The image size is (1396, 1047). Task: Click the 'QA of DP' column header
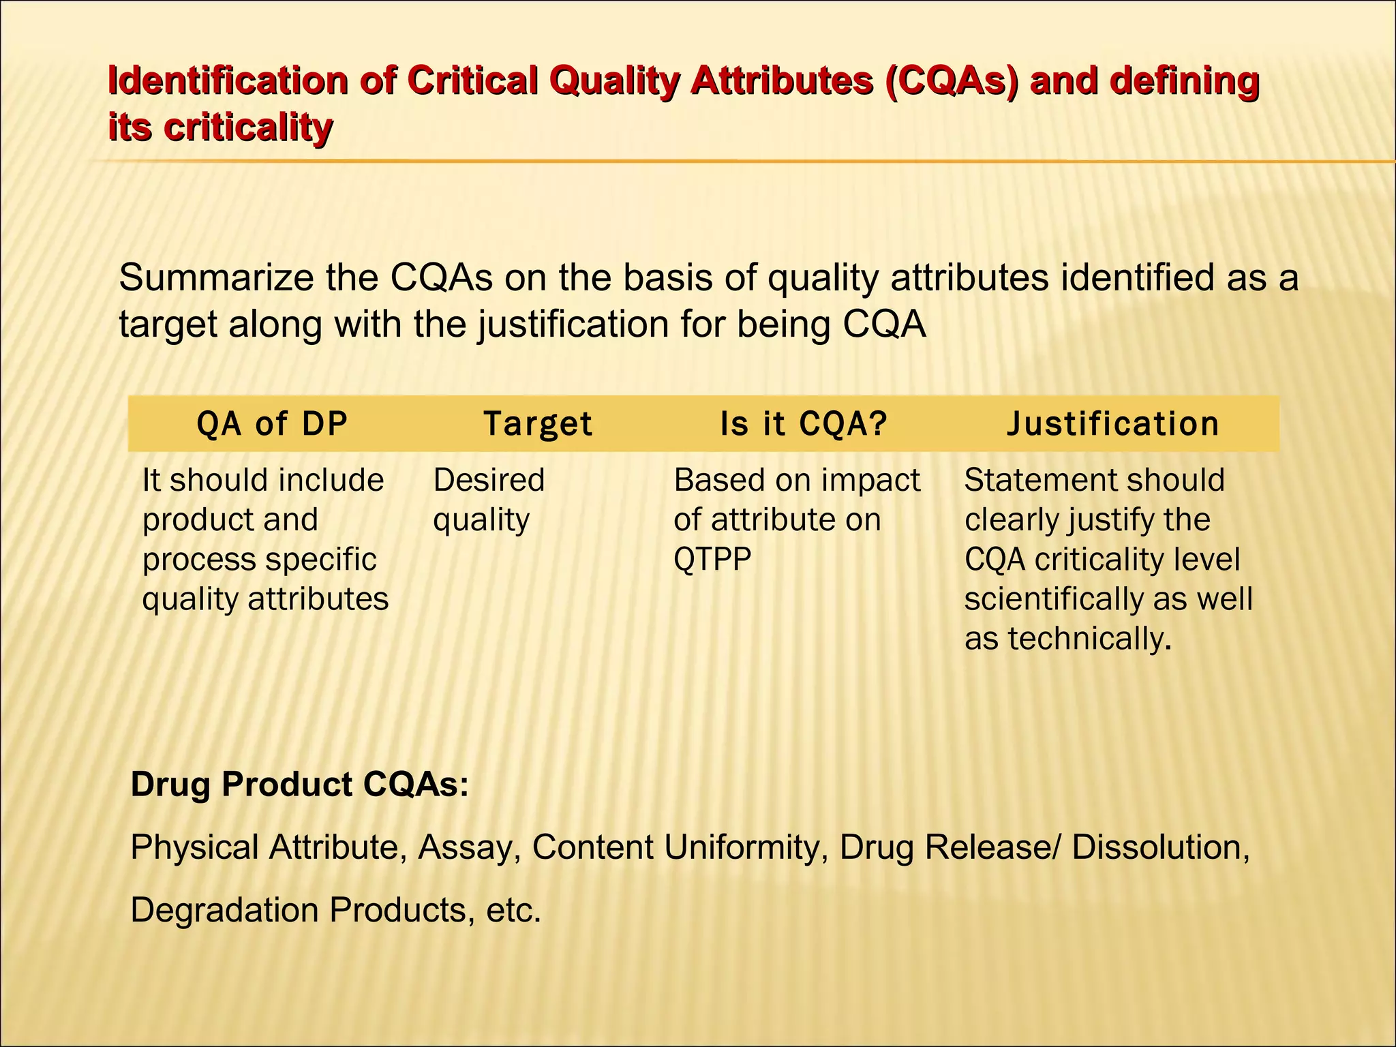[272, 423]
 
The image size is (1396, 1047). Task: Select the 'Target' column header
[538, 423]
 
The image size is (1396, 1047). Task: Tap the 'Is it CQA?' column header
[804, 423]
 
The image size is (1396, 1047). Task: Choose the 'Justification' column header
[1113, 423]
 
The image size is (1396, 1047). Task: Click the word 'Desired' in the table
[489, 480]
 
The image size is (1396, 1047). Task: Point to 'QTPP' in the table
[712, 560]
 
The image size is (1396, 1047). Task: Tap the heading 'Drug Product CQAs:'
[300, 784]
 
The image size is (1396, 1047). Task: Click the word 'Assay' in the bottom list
[466, 847]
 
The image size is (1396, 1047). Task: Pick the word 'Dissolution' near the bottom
[1160, 847]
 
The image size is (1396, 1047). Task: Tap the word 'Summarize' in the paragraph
[217, 278]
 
